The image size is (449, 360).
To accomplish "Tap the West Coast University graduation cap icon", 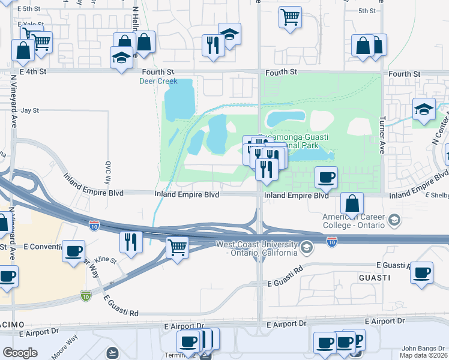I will point(307,247).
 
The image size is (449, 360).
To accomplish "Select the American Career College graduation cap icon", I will point(394,220).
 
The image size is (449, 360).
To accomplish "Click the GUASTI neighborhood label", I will point(375,278).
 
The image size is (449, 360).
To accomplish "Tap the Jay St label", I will point(29,110).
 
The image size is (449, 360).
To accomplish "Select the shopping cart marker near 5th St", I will point(290,17).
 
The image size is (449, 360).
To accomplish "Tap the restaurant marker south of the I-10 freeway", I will point(130,242).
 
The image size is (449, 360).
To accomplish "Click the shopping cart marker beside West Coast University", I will point(177,247).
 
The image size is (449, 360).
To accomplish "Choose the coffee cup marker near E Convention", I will point(74,251).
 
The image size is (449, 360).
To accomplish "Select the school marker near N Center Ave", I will point(424,110).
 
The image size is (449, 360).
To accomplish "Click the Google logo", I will point(20,353).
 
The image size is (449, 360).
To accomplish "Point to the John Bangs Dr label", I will point(424,348).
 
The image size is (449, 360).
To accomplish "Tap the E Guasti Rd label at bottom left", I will point(120,305).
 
